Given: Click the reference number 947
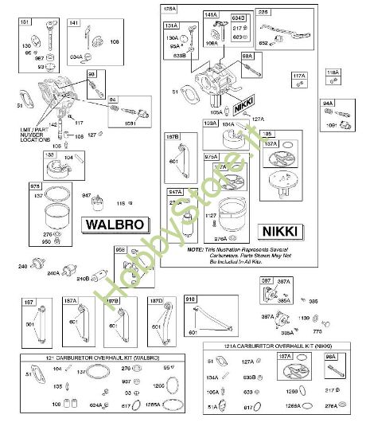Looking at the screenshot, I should click(x=88, y=195).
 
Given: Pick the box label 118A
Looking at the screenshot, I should click(x=333, y=73).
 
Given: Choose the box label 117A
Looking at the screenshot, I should click(x=298, y=76).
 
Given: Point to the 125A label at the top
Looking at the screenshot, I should click(x=169, y=8).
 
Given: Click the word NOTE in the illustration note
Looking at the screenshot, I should click(x=196, y=248).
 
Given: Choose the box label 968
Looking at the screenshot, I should click(x=121, y=249).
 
